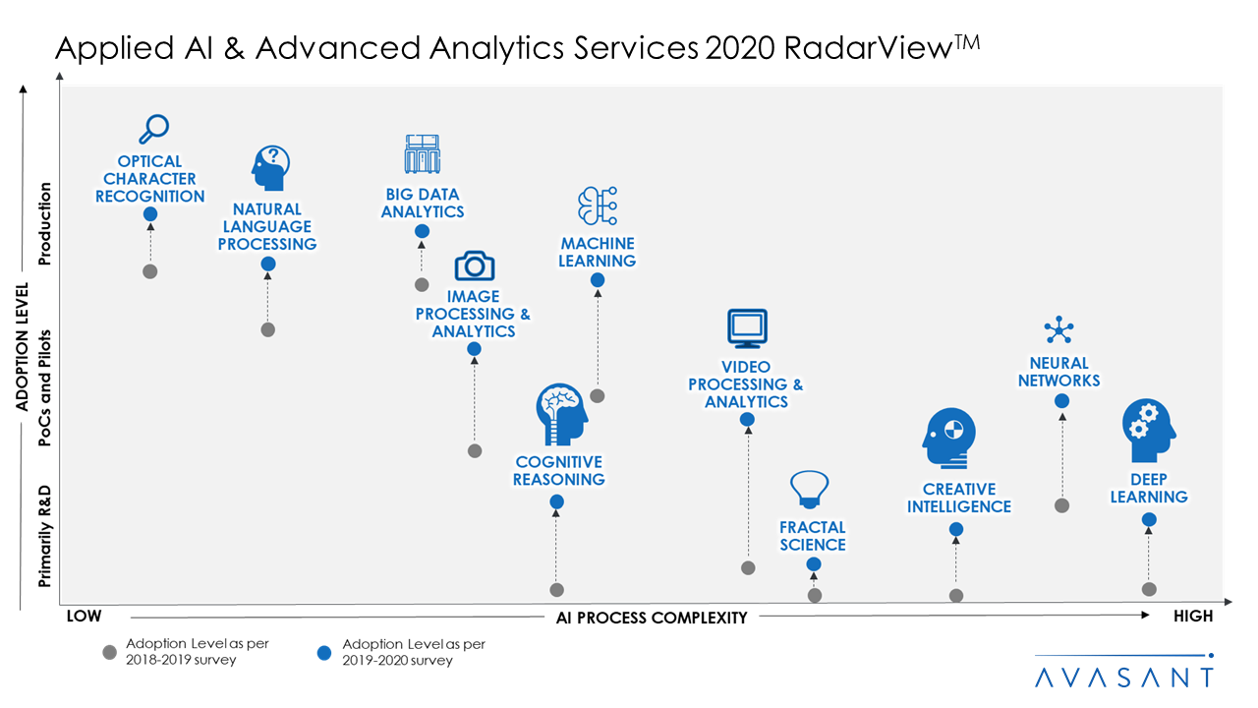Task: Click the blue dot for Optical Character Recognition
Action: pos(150,214)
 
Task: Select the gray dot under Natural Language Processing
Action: pos(267,329)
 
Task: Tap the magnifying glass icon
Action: pos(153,129)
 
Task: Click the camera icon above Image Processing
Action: pos(474,265)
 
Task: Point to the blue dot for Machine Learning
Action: pos(598,280)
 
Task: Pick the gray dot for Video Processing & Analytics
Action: pos(748,567)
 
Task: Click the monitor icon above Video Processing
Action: pos(747,328)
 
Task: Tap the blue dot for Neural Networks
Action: pos(1061,401)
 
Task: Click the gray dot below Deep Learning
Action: pos(1149,589)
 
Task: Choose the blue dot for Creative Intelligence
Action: pos(956,529)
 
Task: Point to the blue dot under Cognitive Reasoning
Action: pos(556,501)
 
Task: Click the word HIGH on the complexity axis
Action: pos(1193,617)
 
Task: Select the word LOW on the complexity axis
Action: pos(84,617)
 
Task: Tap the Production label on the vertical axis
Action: pos(44,224)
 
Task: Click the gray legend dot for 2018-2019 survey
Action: pos(109,652)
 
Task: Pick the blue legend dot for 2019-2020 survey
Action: pos(325,652)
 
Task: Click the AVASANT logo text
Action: pos(1124,678)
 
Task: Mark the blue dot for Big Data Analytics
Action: pos(422,231)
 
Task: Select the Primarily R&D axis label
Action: pos(44,536)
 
